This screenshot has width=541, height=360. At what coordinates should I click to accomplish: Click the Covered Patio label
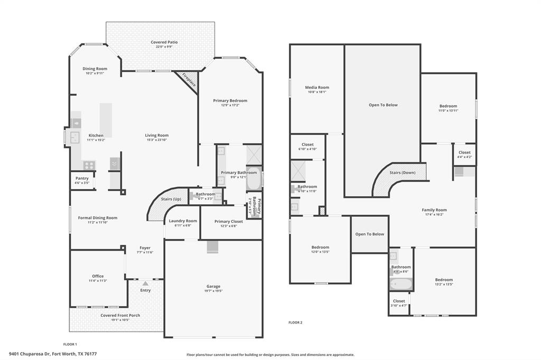click(x=164, y=42)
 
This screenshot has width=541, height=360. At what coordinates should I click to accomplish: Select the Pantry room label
click(x=82, y=178)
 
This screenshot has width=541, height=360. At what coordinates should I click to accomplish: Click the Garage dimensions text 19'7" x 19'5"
click(x=213, y=291)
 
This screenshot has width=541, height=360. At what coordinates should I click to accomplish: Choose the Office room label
click(x=98, y=276)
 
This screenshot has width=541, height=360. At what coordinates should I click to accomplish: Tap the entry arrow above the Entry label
click(x=145, y=283)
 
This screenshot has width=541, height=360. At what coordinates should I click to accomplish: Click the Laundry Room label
click(x=183, y=221)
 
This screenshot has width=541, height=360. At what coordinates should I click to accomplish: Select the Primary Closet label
click(x=229, y=221)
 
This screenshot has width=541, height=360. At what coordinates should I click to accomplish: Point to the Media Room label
click(x=317, y=87)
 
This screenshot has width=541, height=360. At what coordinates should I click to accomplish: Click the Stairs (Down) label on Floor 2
click(x=402, y=173)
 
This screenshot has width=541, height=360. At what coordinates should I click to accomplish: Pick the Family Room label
click(x=434, y=210)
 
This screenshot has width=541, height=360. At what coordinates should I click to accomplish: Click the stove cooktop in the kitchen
click(x=88, y=165)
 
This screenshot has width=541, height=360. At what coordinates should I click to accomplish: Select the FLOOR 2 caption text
click(x=295, y=322)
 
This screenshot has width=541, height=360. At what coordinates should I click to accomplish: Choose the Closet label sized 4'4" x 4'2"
click(x=464, y=153)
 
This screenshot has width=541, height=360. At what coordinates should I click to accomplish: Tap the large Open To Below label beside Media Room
click(x=383, y=105)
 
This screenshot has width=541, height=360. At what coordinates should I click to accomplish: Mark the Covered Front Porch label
click(x=120, y=315)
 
